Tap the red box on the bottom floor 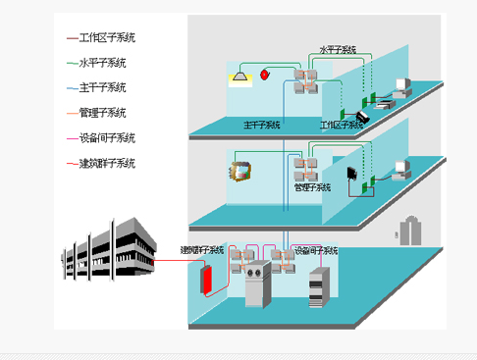point(207,278)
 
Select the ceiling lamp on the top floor point(242,75)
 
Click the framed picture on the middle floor point(240,168)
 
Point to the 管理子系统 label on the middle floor point(313,184)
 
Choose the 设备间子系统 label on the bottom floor point(317,251)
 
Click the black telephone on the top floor point(361,117)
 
